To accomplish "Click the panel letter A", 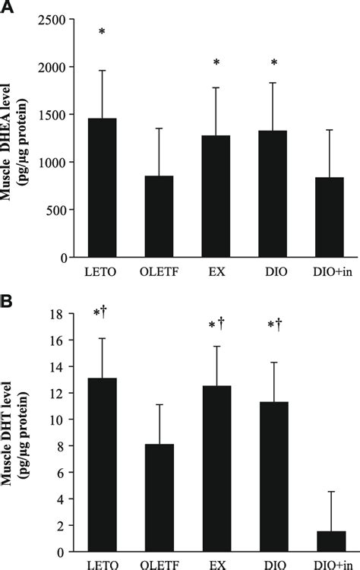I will coord(8,8).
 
